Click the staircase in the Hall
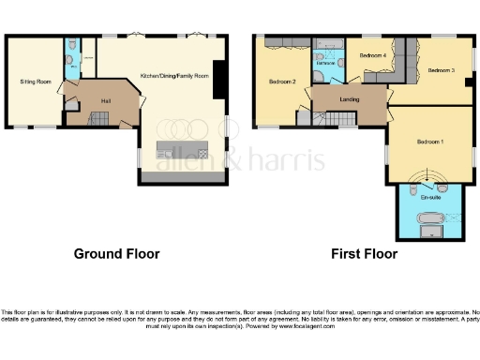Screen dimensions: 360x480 (x=101, y=119)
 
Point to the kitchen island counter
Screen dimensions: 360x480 (x=182, y=150)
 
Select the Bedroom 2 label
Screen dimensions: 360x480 (x=282, y=82)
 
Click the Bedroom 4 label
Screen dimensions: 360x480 (x=373, y=56)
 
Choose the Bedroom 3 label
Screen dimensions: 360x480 (x=441, y=70)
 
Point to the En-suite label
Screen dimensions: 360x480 (x=431, y=197)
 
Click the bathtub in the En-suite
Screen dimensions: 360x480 (x=432, y=223)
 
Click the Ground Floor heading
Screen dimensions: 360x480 (x=116, y=254)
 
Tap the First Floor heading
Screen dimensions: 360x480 (x=364, y=254)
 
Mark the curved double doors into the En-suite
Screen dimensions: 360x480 (x=431, y=175)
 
